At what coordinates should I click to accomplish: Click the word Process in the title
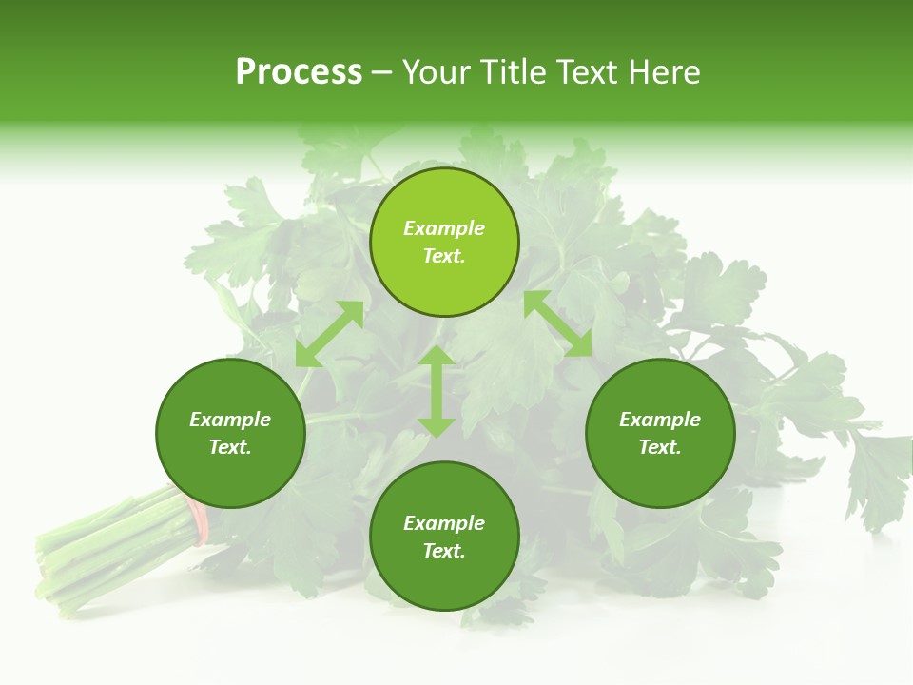pos(299,72)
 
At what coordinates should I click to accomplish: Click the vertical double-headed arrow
pos(437,391)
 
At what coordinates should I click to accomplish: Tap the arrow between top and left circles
pos(329,333)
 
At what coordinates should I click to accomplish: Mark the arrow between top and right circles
pos(557,323)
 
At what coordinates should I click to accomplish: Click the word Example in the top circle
pos(444,228)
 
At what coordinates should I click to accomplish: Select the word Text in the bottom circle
pos(444,551)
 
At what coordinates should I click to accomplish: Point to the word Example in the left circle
pos(230,420)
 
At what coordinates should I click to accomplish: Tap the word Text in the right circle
pos(660,447)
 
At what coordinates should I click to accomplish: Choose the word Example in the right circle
pos(660,420)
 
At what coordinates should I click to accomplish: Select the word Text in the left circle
pos(230,447)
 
